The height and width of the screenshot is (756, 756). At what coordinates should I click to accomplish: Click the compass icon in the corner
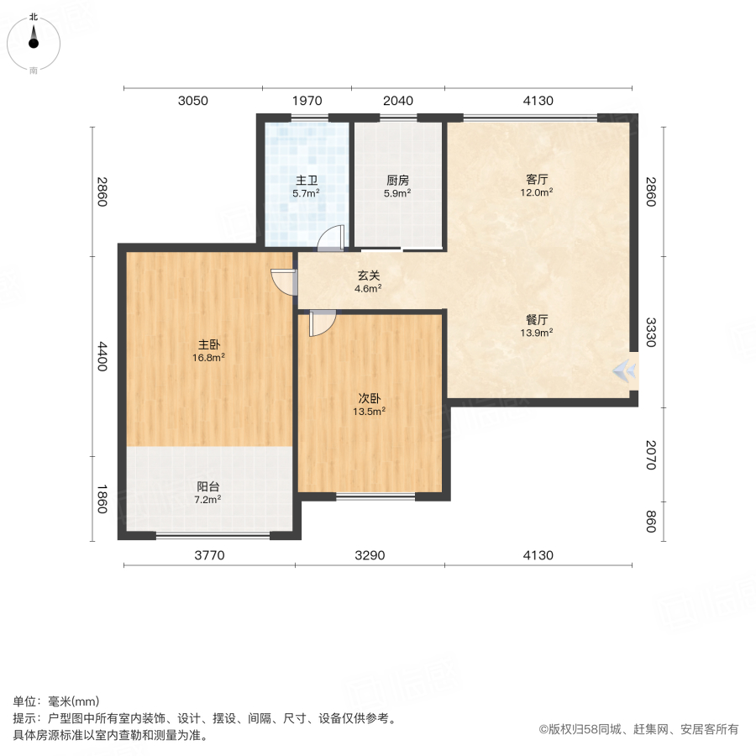click(x=33, y=39)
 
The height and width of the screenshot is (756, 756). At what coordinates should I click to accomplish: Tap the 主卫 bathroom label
click(x=306, y=181)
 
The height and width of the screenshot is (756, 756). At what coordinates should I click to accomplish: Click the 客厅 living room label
click(x=538, y=179)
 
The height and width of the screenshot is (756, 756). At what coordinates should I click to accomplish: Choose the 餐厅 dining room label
click(x=538, y=320)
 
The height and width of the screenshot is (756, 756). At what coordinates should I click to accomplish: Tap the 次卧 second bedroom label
click(x=369, y=399)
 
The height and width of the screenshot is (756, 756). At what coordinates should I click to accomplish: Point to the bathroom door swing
click(x=330, y=239)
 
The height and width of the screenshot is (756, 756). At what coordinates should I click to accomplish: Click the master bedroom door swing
click(x=284, y=281)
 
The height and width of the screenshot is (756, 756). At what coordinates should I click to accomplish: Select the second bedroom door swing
click(x=322, y=323)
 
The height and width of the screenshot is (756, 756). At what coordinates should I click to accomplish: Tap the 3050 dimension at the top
click(x=192, y=102)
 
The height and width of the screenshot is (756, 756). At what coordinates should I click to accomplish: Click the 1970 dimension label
click(x=307, y=102)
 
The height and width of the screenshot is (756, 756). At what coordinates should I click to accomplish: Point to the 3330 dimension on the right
click(x=650, y=333)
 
